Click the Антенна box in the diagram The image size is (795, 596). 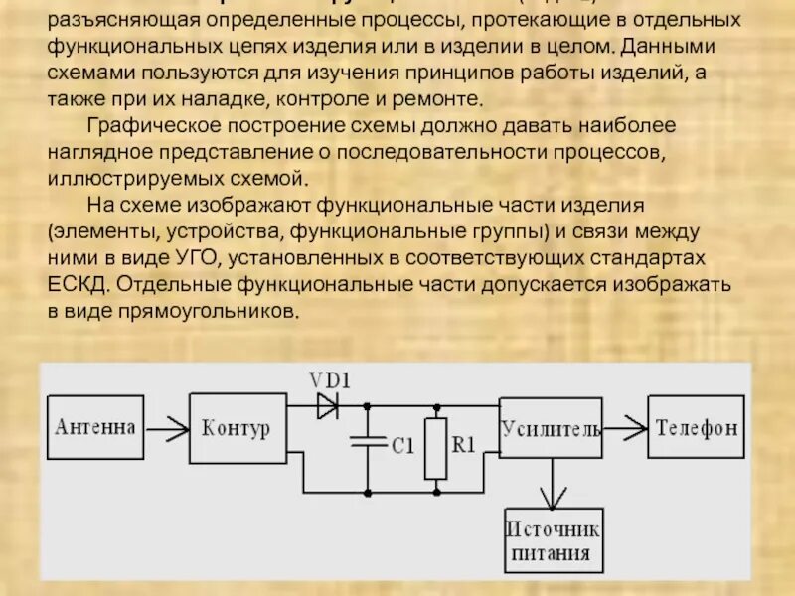click(95, 427)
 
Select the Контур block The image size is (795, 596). click(236, 428)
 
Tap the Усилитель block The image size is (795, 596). click(551, 428)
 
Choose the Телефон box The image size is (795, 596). click(697, 428)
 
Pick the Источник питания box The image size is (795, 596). click(554, 539)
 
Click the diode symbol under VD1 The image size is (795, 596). click(325, 405)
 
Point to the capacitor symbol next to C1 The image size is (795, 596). click(367, 443)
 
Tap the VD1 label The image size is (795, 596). click(331, 380)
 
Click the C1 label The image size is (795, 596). click(400, 447)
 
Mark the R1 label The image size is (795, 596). click(464, 446)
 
